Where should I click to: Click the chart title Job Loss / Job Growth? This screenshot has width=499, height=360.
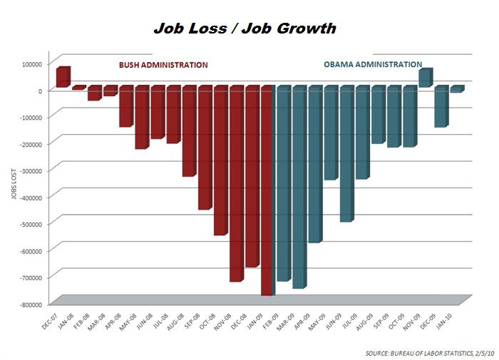click(245, 29)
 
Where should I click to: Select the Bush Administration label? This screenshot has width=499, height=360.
click(163, 65)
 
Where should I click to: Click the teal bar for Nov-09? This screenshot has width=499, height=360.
click(425, 78)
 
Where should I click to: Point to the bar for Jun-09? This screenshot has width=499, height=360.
click(346, 153)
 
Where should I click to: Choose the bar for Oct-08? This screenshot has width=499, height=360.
click(220, 160)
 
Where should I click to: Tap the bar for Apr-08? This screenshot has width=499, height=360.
click(125, 106)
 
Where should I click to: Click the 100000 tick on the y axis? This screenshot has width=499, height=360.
click(29, 63)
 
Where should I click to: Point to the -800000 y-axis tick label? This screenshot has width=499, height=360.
click(28, 304)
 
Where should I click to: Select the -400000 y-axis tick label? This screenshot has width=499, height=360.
click(28, 197)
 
